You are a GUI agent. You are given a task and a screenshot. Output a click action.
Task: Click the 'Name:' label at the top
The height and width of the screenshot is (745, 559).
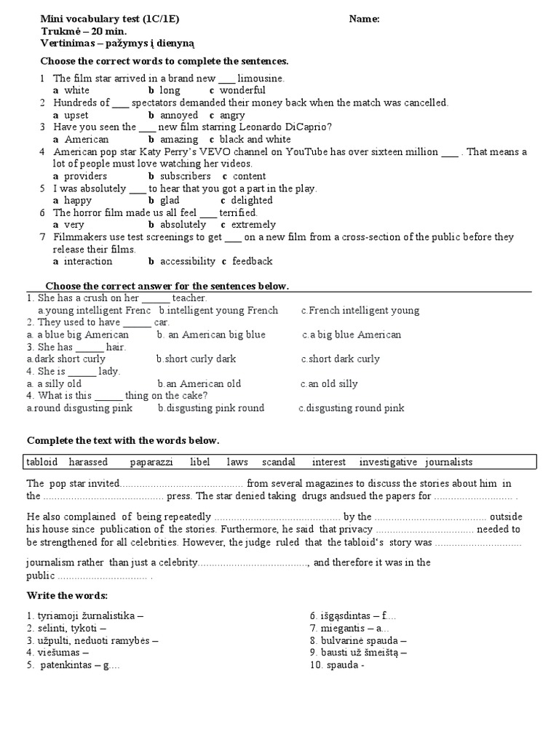coord(364,19)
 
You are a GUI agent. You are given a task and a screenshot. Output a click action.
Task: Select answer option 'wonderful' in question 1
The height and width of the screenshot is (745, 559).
coord(243,90)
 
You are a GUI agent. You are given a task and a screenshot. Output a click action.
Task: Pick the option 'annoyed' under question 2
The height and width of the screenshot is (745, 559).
coord(179,115)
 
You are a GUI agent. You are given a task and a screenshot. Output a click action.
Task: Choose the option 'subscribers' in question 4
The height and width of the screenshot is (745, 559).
coord(185,176)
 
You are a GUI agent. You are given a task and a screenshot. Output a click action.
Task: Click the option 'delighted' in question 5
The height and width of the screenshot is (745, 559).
coord(252,200)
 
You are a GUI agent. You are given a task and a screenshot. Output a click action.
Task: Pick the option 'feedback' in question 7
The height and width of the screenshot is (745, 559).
coord(252,261)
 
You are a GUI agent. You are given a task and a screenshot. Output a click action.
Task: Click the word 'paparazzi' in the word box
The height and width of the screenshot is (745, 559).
coord(151,462)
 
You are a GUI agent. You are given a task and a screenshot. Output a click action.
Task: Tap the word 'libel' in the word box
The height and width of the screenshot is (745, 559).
coord(200,462)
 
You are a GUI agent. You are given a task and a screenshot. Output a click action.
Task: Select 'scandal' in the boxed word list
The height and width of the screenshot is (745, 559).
coord(279,462)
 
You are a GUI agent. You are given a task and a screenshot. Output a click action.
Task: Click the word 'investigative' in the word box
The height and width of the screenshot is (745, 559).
coord(388,462)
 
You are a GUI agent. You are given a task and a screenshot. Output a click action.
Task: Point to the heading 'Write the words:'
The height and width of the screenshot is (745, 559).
coord(67,596)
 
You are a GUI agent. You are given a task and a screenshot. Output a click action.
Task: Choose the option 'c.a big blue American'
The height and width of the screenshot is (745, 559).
coord(352,335)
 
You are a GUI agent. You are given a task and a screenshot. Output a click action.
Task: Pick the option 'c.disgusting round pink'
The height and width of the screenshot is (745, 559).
coord(352,408)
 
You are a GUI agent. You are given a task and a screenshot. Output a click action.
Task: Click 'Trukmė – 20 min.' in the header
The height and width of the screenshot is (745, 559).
coord(83,31)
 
